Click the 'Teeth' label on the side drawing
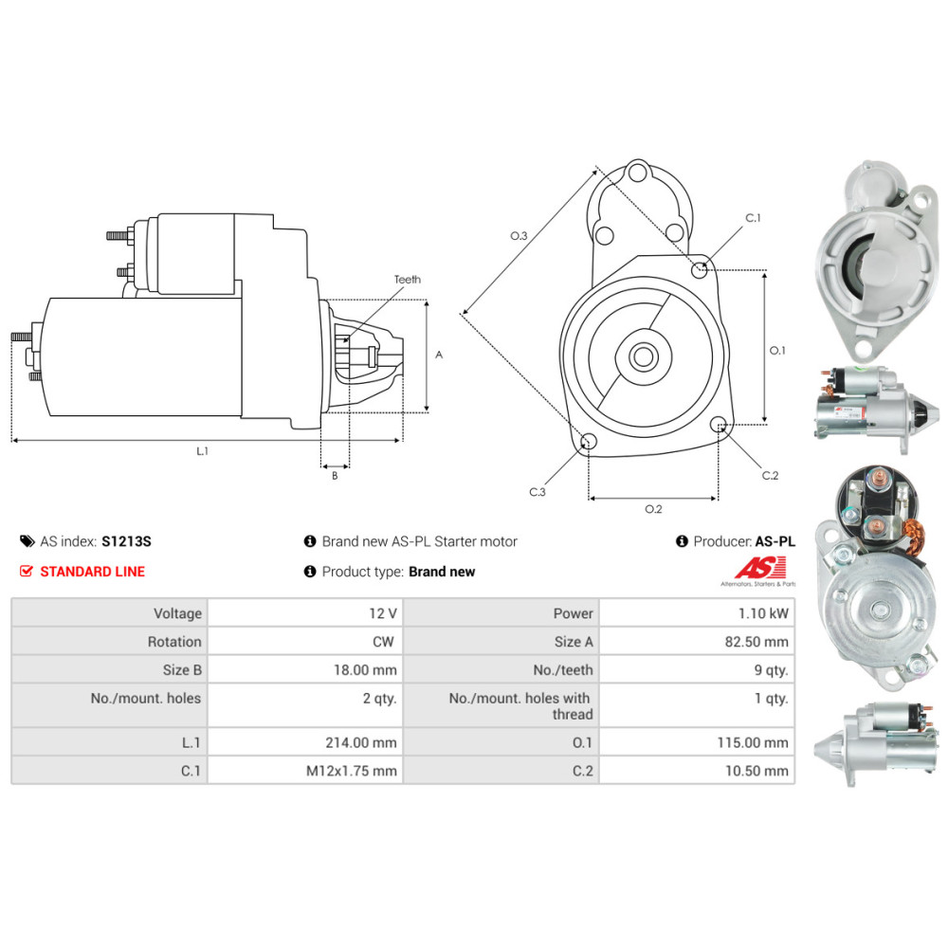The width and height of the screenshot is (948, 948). click(x=408, y=280)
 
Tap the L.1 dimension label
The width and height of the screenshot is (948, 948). click(x=202, y=452)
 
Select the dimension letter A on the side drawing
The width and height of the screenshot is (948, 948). click(x=439, y=355)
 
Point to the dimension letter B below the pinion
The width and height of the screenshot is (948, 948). click(x=335, y=476)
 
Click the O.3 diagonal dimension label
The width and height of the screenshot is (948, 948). click(x=519, y=235)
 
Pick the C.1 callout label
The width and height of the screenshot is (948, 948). click(x=753, y=218)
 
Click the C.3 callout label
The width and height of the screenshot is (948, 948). click(x=538, y=491)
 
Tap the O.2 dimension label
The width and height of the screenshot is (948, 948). click(x=653, y=509)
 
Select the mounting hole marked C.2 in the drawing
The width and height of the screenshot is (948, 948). click(x=719, y=425)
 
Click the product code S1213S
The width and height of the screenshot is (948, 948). click(x=126, y=541)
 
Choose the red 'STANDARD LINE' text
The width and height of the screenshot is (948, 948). click(x=92, y=572)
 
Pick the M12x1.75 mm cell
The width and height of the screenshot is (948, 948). click(x=351, y=771)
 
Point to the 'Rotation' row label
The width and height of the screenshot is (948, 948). click(x=174, y=642)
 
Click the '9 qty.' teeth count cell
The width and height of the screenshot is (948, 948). click(x=771, y=670)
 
